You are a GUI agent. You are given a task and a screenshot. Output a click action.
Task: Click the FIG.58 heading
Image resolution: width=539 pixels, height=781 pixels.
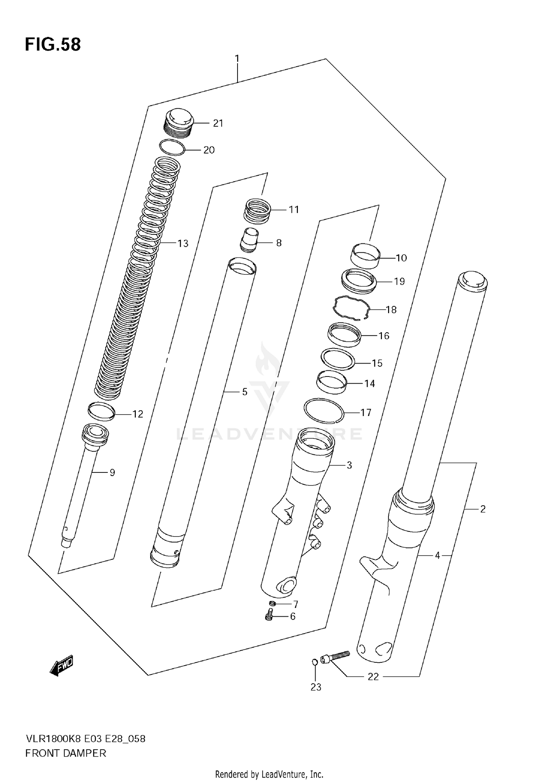click(x=53, y=45)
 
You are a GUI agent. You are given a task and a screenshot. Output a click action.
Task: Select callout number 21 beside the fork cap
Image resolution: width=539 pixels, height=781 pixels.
click(x=218, y=123)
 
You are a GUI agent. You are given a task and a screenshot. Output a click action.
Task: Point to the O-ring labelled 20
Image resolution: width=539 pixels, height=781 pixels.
click(x=172, y=148)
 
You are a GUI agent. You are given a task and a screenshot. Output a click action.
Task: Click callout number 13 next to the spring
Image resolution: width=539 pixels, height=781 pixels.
click(x=183, y=243)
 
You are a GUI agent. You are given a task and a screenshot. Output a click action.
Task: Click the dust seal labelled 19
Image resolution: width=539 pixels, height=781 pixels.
click(x=358, y=281)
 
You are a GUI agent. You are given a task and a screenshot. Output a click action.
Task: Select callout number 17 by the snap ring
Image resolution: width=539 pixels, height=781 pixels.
click(x=366, y=412)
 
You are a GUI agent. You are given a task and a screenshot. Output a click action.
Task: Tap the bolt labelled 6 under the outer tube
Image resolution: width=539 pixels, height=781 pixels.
click(x=269, y=617)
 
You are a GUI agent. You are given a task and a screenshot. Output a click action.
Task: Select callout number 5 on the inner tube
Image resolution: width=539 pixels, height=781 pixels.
click(x=245, y=392)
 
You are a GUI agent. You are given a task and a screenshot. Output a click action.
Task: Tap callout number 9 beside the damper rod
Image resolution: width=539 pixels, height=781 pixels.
click(x=112, y=472)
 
